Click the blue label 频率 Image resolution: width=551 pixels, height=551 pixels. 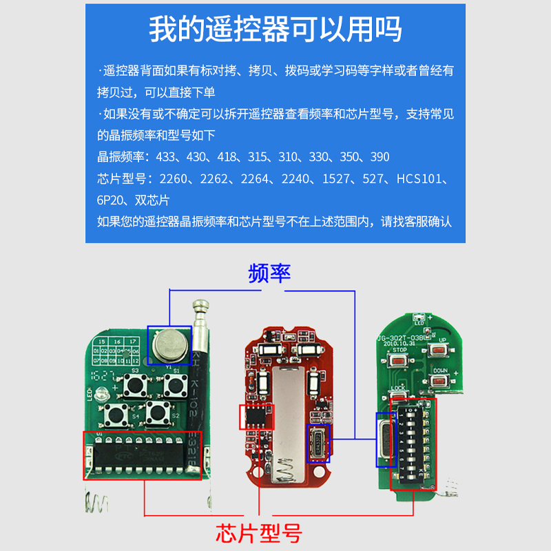(x=269, y=273)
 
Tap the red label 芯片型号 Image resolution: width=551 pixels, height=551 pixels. (x=258, y=532)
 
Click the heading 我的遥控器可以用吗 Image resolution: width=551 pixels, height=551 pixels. (x=275, y=30)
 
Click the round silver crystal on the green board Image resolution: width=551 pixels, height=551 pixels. (x=169, y=344)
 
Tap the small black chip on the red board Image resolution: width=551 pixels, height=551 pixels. (x=256, y=416)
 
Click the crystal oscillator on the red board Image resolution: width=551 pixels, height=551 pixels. (x=318, y=441)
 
